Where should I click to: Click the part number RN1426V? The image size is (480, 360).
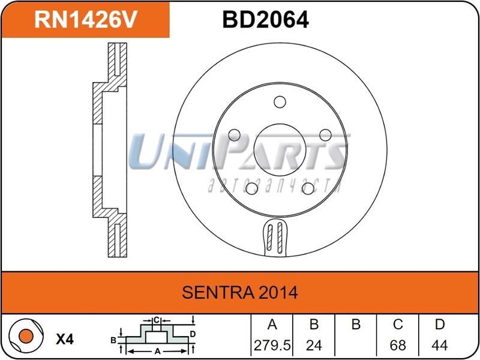[86, 20]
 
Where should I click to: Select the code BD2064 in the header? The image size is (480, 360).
[265, 20]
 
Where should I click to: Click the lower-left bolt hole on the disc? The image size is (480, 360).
[251, 188]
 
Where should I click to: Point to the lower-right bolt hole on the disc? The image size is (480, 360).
[308, 188]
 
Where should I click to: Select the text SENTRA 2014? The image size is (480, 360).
[240, 293]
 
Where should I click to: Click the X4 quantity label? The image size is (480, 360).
[64, 339]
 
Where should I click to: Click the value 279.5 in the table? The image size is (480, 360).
[271, 346]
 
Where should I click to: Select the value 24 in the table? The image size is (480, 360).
[313, 346]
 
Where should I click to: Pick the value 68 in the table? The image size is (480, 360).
[397, 346]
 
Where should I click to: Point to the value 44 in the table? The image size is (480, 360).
[440, 346]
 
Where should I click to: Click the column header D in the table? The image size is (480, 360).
[440, 325]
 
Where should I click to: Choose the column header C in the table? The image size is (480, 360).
[397, 325]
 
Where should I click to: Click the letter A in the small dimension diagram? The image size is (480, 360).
[157, 350]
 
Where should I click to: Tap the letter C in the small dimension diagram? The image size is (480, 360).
[155, 320]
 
